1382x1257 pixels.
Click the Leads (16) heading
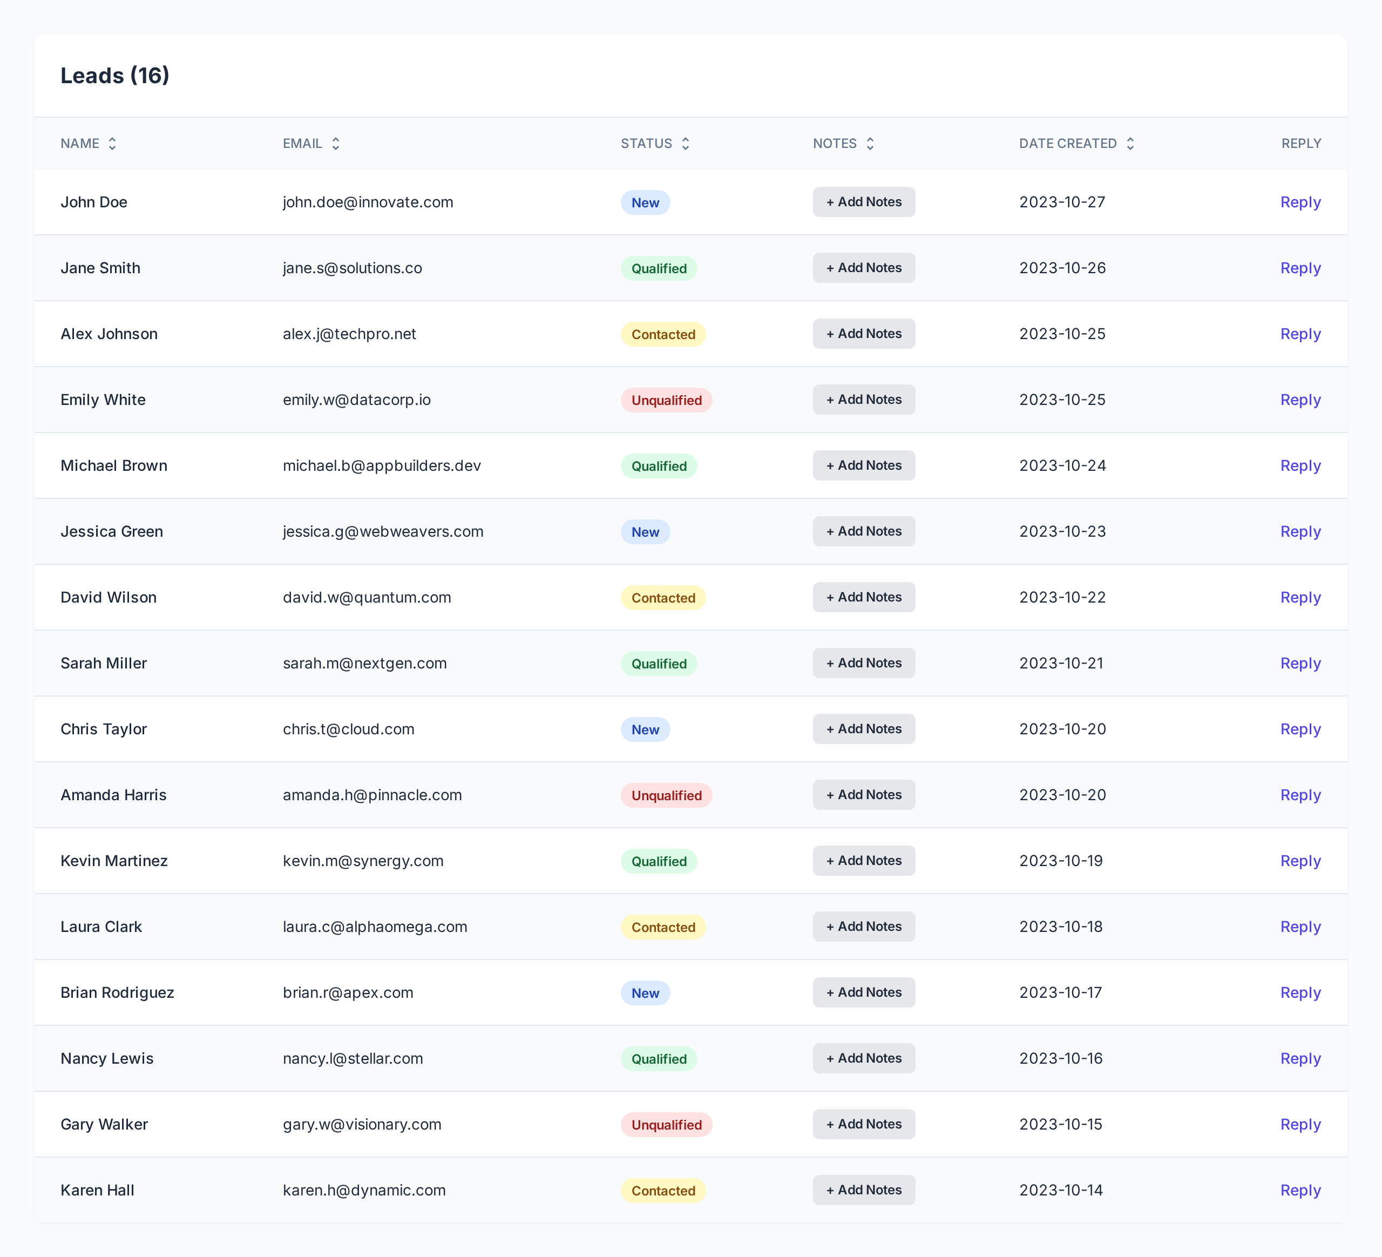tap(114, 76)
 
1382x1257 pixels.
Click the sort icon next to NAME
tap(112, 143)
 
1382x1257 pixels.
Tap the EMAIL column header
tap(302, 143)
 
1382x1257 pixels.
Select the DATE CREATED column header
tap(1067, 143)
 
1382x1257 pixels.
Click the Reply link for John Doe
tap(1300, 202)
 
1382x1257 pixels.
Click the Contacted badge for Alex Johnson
tap(663, 334)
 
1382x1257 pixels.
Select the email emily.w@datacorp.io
tap(356, 400)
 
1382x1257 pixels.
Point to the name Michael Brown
tap(114, 465)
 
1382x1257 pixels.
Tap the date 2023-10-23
tap(1062, 531)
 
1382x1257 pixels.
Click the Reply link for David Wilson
tap(1300, 597)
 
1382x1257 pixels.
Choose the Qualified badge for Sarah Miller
tap(659, 663)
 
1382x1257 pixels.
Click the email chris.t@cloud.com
tap(348, 729)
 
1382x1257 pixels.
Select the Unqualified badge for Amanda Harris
tap(666, 795)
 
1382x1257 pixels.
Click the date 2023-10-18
tap(1060, 927)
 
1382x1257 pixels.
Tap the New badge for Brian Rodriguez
tap(645, 992)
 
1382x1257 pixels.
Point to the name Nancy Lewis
tap(107, 1058)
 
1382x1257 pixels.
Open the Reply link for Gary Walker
tap(1300, 1124)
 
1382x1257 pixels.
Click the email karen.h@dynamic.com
tap(364, 1190)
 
